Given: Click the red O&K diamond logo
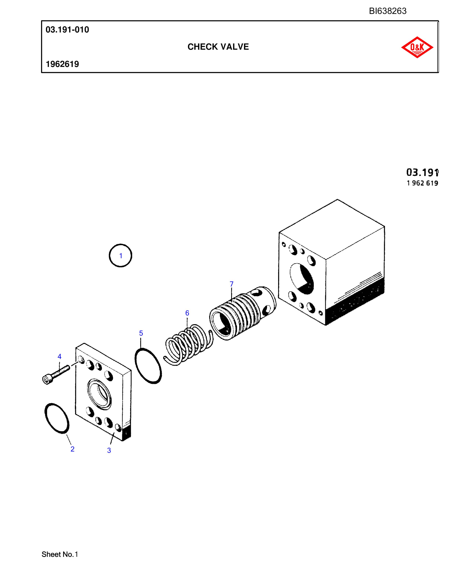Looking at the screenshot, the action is pos(417,47).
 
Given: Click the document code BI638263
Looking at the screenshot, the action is pos(388,11).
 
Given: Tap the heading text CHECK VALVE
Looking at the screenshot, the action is pos(218,47).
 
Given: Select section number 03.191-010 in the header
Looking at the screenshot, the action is pos(67,30).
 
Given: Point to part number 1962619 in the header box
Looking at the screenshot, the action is pos(62,64).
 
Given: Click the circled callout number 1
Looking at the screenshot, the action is pos(121,256).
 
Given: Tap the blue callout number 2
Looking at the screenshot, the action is pos(72,449).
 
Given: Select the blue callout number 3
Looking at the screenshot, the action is pos(109,450).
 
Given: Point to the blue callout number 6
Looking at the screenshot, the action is pos(187,313).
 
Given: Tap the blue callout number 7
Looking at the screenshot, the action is pos(231,284).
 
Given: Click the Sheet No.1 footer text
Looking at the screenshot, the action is pos(60,554).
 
